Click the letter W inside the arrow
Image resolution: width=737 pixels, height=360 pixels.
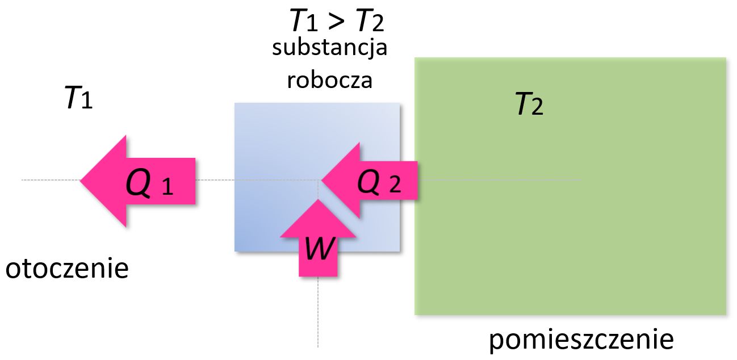click(x=319, y=249)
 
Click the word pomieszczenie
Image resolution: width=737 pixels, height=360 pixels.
click(x=581, y=340)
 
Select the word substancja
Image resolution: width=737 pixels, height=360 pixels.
click(x=330, y=48)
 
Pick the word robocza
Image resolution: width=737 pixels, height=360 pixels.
click(x=330, y=80)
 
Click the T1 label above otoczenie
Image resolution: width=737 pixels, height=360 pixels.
click(x=78, y=100)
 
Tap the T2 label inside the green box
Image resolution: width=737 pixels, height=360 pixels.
click(x=529, y=104)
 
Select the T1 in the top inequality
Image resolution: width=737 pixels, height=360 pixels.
click(x=305, y=22)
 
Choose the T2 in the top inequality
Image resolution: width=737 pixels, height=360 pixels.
click(x=369, y=22)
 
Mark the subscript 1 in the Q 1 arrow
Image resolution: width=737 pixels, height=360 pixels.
click(x=167, y=187)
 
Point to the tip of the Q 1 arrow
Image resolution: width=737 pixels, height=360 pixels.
click(x=82, y=181)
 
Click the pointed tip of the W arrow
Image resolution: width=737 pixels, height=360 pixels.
click(x=318, y=201)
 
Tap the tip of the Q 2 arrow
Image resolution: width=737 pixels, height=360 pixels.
click(x=323, y=181)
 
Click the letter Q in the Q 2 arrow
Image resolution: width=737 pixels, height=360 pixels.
click(x=369, y=182)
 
